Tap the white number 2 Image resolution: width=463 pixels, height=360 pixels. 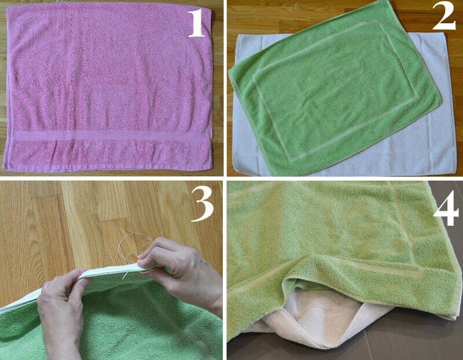[x=444, y=17]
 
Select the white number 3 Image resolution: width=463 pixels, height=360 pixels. [x=203, y=204]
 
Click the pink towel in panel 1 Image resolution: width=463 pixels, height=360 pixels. [x=108, y=88]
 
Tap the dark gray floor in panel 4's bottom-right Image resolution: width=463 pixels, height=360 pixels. [x=419, y=340]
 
